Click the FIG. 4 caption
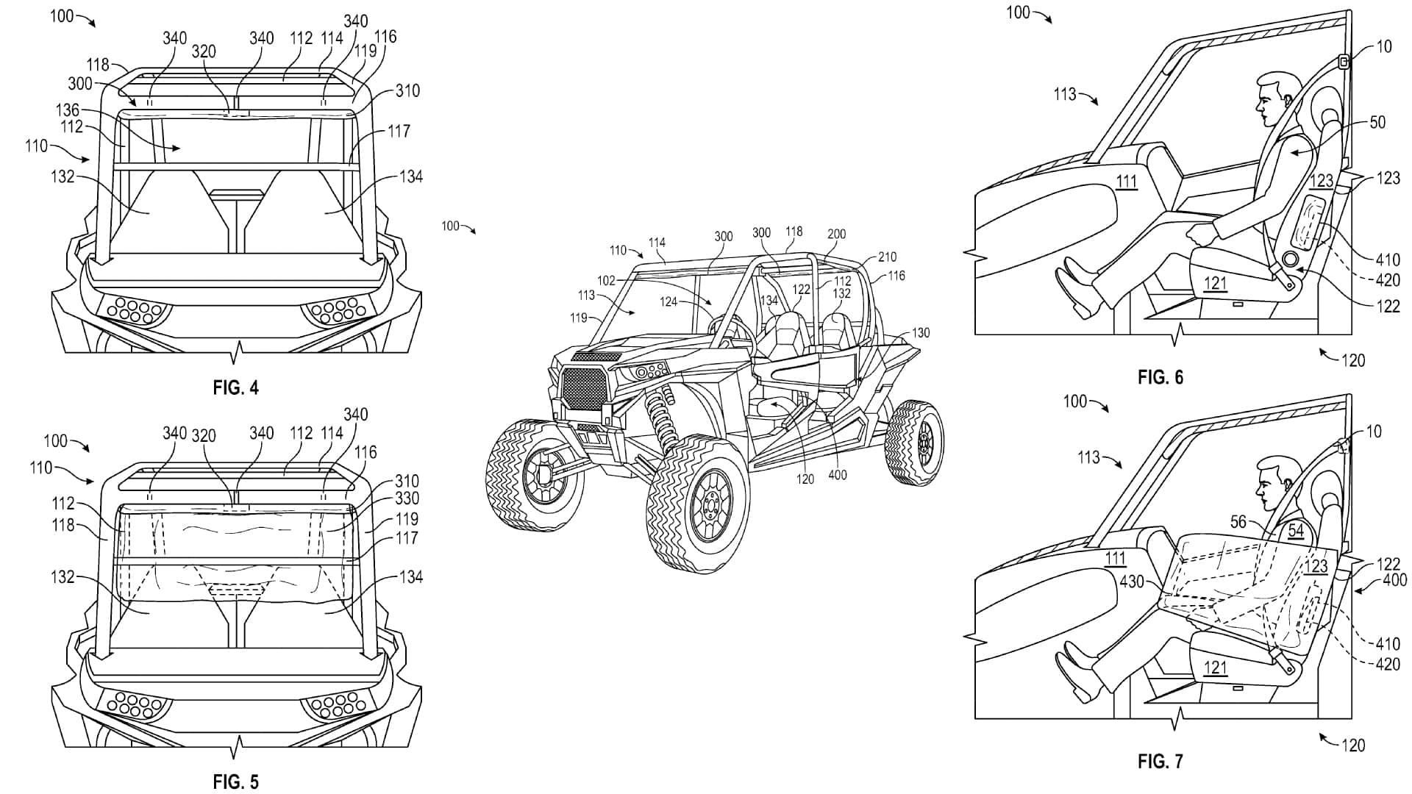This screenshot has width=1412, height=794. point(236,387)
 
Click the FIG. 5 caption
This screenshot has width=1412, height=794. point(236,782)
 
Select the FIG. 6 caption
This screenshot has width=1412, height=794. point(1160,377)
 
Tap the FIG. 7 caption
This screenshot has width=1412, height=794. point(1160,762)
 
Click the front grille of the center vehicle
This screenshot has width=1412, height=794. point(583,389)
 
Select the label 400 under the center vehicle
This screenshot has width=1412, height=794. point(837,475)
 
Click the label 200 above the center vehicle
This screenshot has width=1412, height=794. point(837,234)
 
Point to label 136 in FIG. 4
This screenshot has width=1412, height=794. point(67,110)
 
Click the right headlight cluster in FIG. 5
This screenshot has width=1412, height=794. point(335,705)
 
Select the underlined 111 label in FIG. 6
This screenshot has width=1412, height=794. point(1126,181)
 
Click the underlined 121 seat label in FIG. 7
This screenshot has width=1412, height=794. point(1215,668)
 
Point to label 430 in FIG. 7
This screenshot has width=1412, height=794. point(1131,582)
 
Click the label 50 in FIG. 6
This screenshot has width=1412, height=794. point(1377,122)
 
